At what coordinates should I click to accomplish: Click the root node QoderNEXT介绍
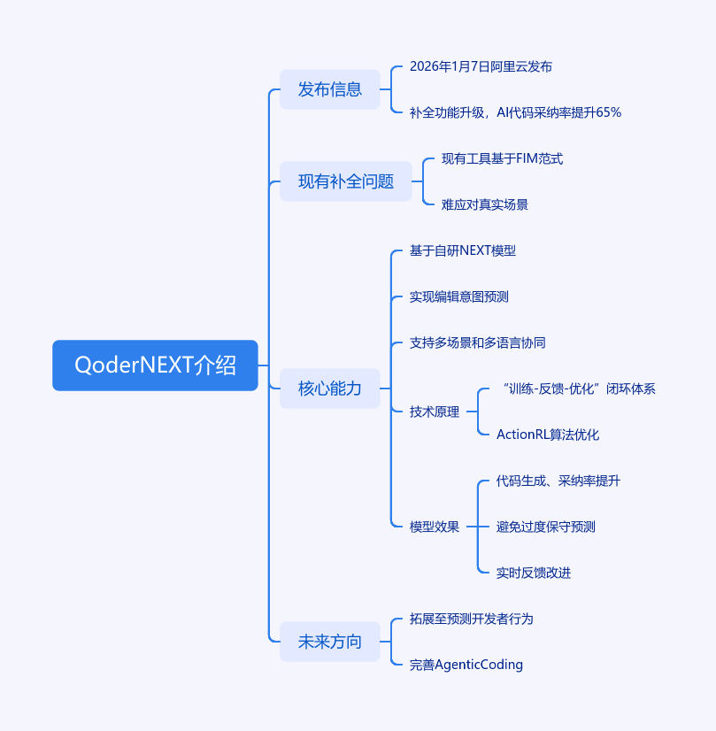click(155, 365)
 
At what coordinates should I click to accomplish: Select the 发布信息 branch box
click(330, 89)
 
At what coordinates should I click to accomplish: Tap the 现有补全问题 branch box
click(346, 181)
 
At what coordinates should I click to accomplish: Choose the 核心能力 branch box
click(330, 389)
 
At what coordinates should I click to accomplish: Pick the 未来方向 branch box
click(330, 642)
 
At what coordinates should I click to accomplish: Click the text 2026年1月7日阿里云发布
click(481, 66)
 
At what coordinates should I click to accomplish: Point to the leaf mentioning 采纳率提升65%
click(515, 112)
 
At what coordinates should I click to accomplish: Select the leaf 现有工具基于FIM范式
click(502, 158)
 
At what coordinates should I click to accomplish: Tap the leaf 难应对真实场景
click(485, 204)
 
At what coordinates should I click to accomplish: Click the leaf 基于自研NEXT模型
click(462, 250)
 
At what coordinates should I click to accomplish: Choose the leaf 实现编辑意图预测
click(458, 296)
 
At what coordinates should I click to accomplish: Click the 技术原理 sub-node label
click(435, 412)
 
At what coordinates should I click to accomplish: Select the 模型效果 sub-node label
click(435, 527)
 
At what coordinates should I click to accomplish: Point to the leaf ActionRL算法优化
click(548, 435)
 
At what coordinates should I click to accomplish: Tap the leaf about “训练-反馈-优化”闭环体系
click(577, 389)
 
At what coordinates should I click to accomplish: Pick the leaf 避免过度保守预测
click(545, 527)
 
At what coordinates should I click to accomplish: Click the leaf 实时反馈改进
click(534, 573)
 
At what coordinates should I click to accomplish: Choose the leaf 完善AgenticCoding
click(466, 665)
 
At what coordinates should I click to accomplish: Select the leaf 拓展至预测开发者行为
click(471, 619)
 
